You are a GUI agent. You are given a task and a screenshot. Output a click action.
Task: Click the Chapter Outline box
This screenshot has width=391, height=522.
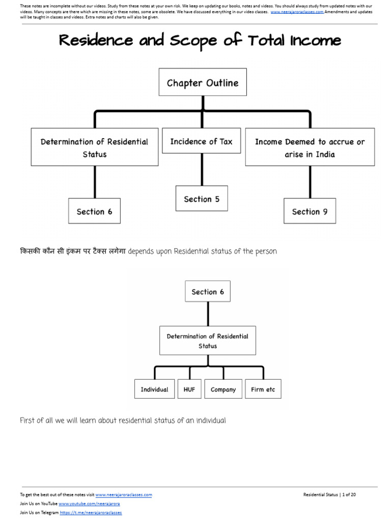pyautogui.click(x=203, y=83)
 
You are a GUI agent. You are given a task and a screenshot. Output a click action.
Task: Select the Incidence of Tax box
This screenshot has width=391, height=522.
pyautogui.click(x=201, y=142)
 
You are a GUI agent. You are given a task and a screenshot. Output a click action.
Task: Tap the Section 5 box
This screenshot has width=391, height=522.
pyautogui.click(x=202, y=199)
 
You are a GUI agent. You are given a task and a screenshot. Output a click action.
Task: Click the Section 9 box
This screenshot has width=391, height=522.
pyautogui.click(x=310, y=212)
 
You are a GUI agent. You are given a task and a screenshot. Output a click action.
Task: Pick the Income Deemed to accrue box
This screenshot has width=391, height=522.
pyautogui.click(x=310, y=148)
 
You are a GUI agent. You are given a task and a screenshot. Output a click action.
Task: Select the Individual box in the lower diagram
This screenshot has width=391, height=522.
pyautogui.click(x=154, y=389)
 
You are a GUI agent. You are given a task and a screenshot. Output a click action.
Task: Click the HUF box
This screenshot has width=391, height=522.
pyautogui.click(x=189, y=389)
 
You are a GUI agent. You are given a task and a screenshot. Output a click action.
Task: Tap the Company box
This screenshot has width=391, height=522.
pyautogui.click(x=223, y=389)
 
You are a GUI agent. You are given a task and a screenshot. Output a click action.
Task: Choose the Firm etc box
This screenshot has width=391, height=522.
pyautogui.click(x=263, y=389)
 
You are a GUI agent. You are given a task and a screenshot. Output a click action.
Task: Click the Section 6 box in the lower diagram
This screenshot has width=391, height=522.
pyautogui.click(x=207, y=292)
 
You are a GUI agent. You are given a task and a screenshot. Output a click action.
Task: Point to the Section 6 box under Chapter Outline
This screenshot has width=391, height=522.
pyautogui.click(x=94, y=212)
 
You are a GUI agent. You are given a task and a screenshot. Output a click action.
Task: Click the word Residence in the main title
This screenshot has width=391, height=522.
pyautogui.click(x=96, y=41)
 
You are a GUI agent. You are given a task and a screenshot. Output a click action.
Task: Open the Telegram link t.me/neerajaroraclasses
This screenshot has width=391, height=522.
pyautogui.click(x=91, y=513)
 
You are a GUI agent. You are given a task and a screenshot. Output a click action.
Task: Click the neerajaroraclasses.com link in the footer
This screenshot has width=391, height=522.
pyautogui.click(x=123, y=494)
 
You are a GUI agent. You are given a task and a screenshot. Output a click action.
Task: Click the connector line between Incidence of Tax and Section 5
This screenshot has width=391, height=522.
pyautogui.click(x=202, y=170)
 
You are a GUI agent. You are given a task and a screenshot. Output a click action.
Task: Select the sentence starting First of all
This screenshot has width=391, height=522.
pyautogui.click(x=122, y=421)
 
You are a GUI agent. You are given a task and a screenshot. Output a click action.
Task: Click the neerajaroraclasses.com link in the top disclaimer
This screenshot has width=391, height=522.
pyautogui.click(x=297, y=12)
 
